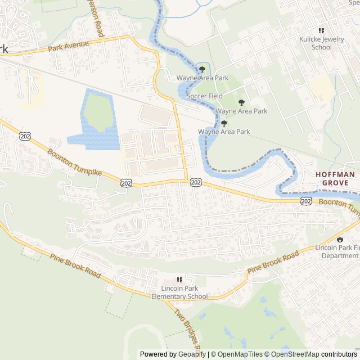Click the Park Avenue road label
tap(68, 45)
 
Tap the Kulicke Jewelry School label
tap(321, 43)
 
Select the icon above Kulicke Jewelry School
tap(321, 31)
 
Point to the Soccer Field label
tap(205, 96)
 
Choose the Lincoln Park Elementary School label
tap(180, 293)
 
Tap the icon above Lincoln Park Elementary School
tap(180, 280)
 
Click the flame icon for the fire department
tap(340, 239)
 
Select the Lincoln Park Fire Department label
tap(337, 251)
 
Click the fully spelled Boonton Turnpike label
tap(74, 162)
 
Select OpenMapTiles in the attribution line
tap(240, 354)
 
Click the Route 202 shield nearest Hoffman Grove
tap(306, 201)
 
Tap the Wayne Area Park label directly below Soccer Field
tap(241, 111)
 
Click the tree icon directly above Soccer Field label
tap(202, 69)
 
